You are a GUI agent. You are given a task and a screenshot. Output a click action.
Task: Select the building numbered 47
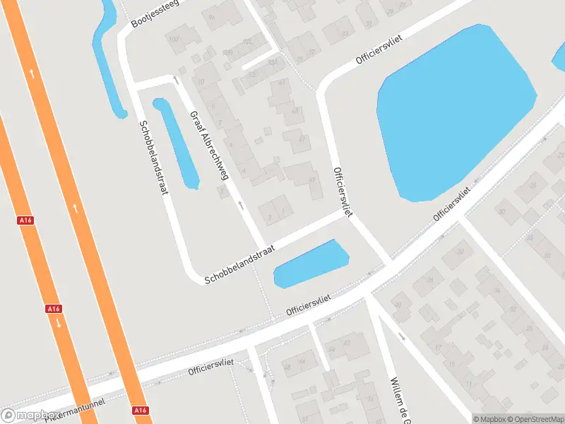[x=303, y=139]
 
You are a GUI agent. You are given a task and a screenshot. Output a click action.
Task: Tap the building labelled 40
[x=397, y=305]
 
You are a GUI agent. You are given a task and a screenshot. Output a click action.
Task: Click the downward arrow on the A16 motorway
[x=58, y=324]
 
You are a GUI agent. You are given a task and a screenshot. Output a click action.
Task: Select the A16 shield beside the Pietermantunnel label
[x=140, y=411]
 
